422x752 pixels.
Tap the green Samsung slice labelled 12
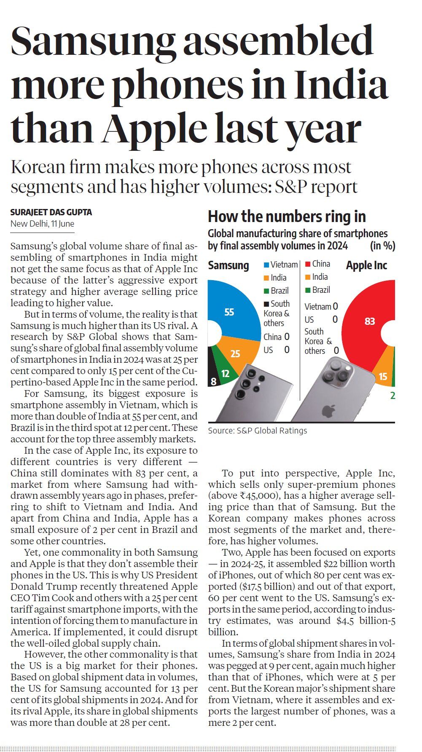click(x=225, y=373)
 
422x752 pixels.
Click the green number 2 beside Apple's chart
click(x=392, y=396)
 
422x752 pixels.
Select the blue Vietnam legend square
click(x=266, y=265)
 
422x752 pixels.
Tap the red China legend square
click(x=308, y=264)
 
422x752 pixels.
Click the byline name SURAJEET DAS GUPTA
click(x=51, y=212)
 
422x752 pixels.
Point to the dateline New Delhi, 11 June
click(x=42, y=224)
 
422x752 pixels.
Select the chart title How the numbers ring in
click(x=287, y=217)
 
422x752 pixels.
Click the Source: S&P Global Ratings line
click(x=257, y=431)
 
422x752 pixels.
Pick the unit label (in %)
click(x=382, y=246)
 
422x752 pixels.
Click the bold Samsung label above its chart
click(x=228, y=265)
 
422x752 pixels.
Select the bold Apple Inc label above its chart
click(x=366, y=265)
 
